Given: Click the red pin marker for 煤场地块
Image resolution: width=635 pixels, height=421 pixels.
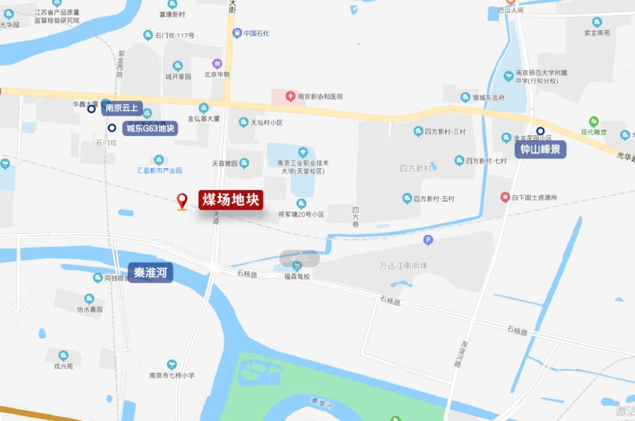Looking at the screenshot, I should point(182,202).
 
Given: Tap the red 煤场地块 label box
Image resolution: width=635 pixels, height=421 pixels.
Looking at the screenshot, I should point(231,200).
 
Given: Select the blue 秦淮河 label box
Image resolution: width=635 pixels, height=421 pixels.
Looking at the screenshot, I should point(151,273).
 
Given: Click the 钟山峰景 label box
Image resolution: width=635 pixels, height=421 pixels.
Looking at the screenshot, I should point(541,149).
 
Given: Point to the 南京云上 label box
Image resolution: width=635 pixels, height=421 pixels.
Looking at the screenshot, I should point(122,108).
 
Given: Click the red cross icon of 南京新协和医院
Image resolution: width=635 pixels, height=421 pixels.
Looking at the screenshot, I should point(290,96).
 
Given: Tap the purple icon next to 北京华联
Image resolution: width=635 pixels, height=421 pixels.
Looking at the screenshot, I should point(217,64).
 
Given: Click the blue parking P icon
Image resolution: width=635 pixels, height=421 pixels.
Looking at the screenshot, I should point(428,240).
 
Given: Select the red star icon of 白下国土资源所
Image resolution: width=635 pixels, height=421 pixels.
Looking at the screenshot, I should point(505,198).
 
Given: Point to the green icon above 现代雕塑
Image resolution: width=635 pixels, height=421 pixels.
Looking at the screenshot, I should point(594,121).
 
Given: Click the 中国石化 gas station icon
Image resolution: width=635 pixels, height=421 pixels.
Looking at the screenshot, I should point(237,33).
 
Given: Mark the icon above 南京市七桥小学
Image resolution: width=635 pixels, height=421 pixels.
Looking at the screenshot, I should point(172,365).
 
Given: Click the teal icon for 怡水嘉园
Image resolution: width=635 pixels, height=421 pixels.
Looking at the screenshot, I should point(89,299).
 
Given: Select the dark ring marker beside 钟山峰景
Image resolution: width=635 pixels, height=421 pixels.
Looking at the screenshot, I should point(540,131).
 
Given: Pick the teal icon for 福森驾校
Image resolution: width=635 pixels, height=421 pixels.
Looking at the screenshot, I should point(297,266).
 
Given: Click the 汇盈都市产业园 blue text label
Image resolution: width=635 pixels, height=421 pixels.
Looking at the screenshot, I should point(159,171).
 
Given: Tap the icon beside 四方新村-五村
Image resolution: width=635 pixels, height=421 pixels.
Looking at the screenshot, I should point(407,199).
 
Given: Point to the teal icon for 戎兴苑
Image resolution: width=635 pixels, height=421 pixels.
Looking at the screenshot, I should point(63,355).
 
